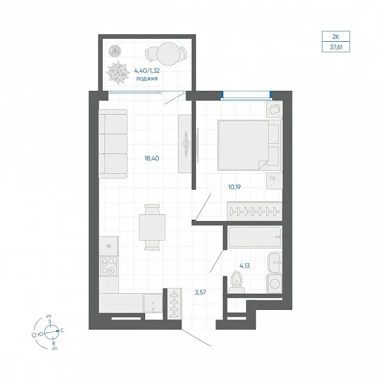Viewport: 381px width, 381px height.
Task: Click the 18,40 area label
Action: pyautogui.click(x=152, y=158)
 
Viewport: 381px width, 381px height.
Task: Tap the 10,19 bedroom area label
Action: pyautogui.click(x=235, y=187)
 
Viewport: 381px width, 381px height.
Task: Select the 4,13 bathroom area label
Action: pyautogui.click(x=245, y=266)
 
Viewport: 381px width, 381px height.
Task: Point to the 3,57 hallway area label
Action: pyautogui.click(x=201, y=292)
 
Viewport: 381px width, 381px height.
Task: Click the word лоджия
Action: pyautogui.click(x=147, y=78)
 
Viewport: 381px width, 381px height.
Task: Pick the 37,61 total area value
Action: pyautogui.click(x=336, y=47)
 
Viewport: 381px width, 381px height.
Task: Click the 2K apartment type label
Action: pyautogui.click(x=336, y=37)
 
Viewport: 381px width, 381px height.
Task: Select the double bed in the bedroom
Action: pyautogui.click(x=250, y=145)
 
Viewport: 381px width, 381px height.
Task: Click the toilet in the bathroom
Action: pyautogui.click(x=236, y=282)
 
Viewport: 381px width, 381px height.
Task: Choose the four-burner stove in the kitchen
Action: pyautogui.click(x=108, y=266)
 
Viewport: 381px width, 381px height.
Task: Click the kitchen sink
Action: pyautogui.click(x=153, y=303)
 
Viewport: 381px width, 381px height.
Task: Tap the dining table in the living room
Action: pyautogui.click(x=152, y=228)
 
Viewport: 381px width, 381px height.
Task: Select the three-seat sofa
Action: pyautogui.click(x=113, y=144)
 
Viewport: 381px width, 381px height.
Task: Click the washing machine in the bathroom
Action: pyautogui.click(x=275, y=284)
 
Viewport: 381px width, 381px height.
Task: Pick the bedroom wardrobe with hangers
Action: pyautogui.click(x=254, y=211)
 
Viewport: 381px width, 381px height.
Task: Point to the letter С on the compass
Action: pyautogui.click(x=62, y=330)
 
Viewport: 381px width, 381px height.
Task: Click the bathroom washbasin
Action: pyautogui.click(x=275, y=263)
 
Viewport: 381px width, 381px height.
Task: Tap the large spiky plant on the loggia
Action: pyautogui.click(x=118, y=72)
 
